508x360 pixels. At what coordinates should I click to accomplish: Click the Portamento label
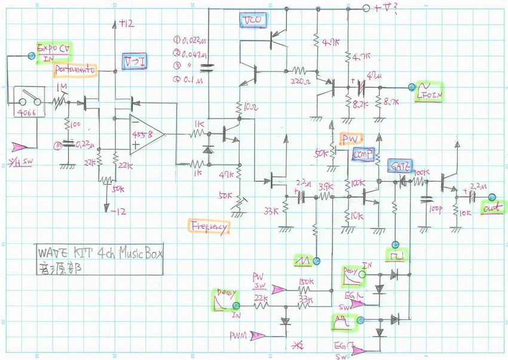(x=75, y=71)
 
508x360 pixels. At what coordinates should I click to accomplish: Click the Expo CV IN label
(x=54, y=53)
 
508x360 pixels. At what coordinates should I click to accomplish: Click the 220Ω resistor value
(x=299, y=80)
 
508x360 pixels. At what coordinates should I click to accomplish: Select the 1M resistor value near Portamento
(x=62, y=88)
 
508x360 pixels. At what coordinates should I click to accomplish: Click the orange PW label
(x=348, y=139)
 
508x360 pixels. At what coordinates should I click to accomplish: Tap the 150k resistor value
(x=305, y=281)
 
